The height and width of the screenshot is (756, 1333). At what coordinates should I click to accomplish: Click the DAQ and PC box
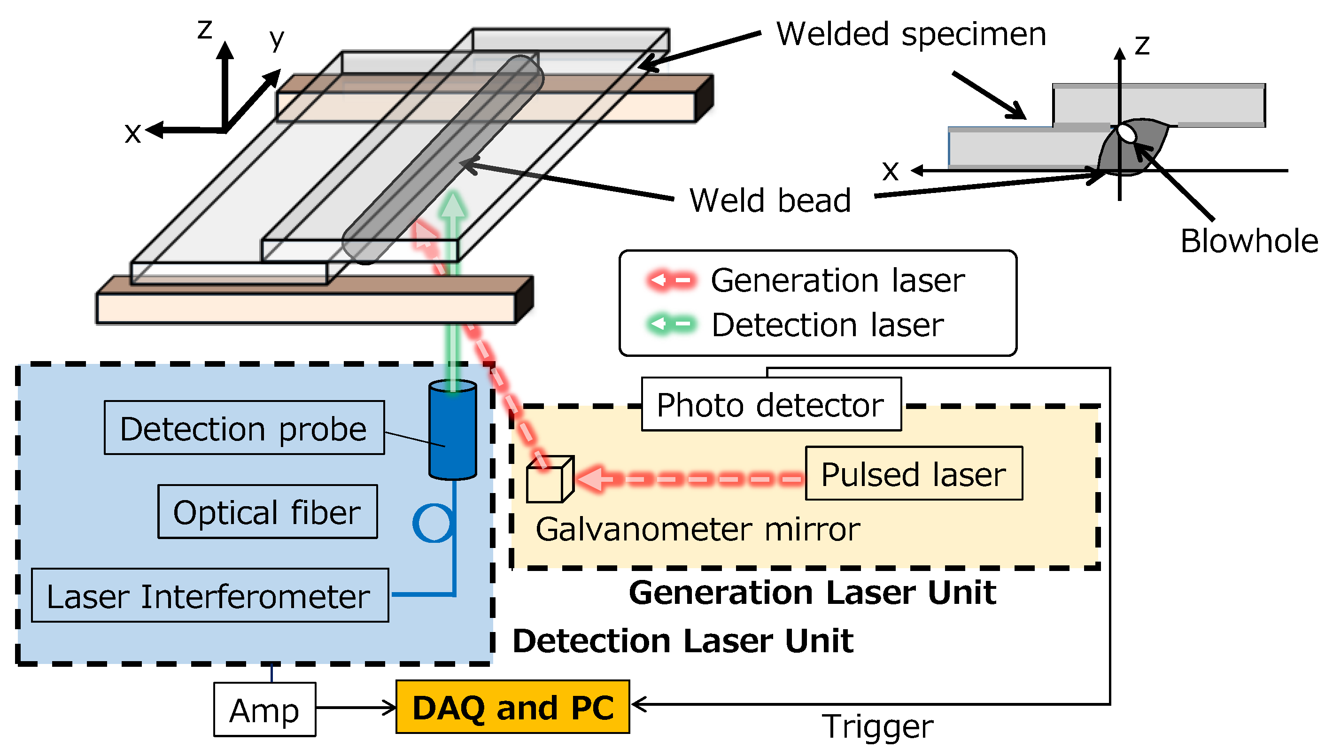pyautogui.click(x=512, y=707)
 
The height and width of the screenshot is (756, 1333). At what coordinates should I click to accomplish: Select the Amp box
pyautogui.click(x=264, y=709)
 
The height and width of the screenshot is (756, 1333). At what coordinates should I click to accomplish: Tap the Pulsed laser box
pyautogui.click(x=914, y=473)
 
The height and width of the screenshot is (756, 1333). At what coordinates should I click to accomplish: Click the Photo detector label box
pyautogui.click(x=771, y=404)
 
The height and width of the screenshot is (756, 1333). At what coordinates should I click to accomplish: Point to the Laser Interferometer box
pyautogui.click(x=209, y=595)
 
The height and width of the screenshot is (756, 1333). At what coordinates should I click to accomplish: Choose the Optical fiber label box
pyautogui.click(x=267, y=511)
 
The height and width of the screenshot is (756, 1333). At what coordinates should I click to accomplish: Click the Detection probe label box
pyautogui.click(x=244, y=428)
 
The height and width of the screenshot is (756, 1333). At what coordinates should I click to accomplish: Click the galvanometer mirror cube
pyautogui.click(x=549, y=479)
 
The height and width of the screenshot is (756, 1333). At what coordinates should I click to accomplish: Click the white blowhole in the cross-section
pyautogui.click(x=1126, y=132)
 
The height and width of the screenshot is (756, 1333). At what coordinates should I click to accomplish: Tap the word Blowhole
pyautogui.click(x=1249, y=241)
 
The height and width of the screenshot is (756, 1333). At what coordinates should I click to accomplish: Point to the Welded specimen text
pyautogui.click(x=911, y=34)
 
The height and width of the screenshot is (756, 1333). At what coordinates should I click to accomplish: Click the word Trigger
pyautogui.click(x=877, y=726)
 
